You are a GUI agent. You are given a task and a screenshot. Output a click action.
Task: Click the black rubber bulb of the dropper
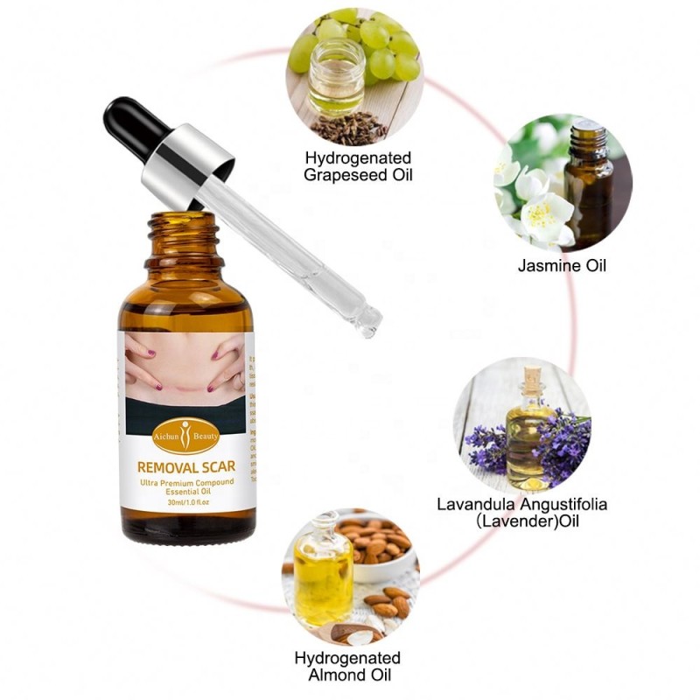tap(129, 125)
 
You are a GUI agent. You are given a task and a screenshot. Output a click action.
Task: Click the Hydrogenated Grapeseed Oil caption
tap(358, 166)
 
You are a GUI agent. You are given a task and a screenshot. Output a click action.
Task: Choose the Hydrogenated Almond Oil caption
tap(347, 666)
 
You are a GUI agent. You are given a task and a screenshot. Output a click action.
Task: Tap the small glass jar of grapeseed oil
tap(336, 80)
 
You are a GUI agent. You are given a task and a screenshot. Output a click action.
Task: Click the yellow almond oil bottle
tap(322, 573)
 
